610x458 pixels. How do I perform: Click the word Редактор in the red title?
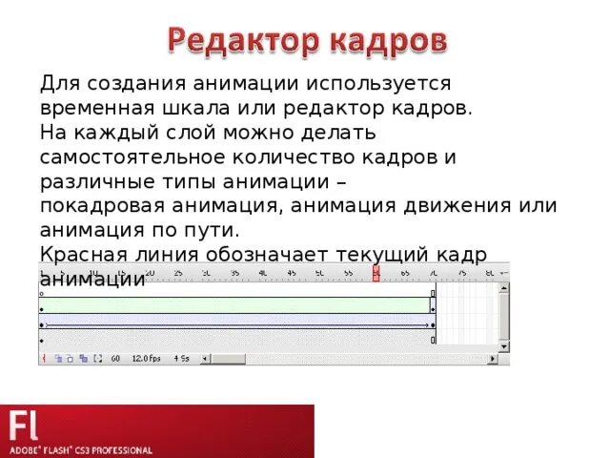pos(245,42)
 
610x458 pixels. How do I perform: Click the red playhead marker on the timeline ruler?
pos(376,274)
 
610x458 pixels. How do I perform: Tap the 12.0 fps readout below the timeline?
pos(147,359)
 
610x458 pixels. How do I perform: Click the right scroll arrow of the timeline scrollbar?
pos(493,359)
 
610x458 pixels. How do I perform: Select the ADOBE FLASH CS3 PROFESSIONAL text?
pos(81,448)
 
